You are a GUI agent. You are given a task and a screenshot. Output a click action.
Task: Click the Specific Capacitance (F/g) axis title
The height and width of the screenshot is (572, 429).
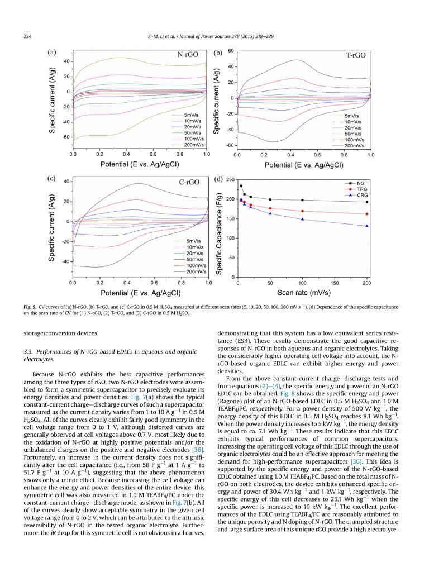point(219,229)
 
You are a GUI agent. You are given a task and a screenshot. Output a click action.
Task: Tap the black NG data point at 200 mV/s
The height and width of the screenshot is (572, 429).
point(367,202)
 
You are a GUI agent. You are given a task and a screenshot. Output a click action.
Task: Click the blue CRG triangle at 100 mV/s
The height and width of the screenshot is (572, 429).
point(302,219)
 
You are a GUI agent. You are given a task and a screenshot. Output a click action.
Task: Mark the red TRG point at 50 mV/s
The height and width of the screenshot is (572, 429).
point(270,208)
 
